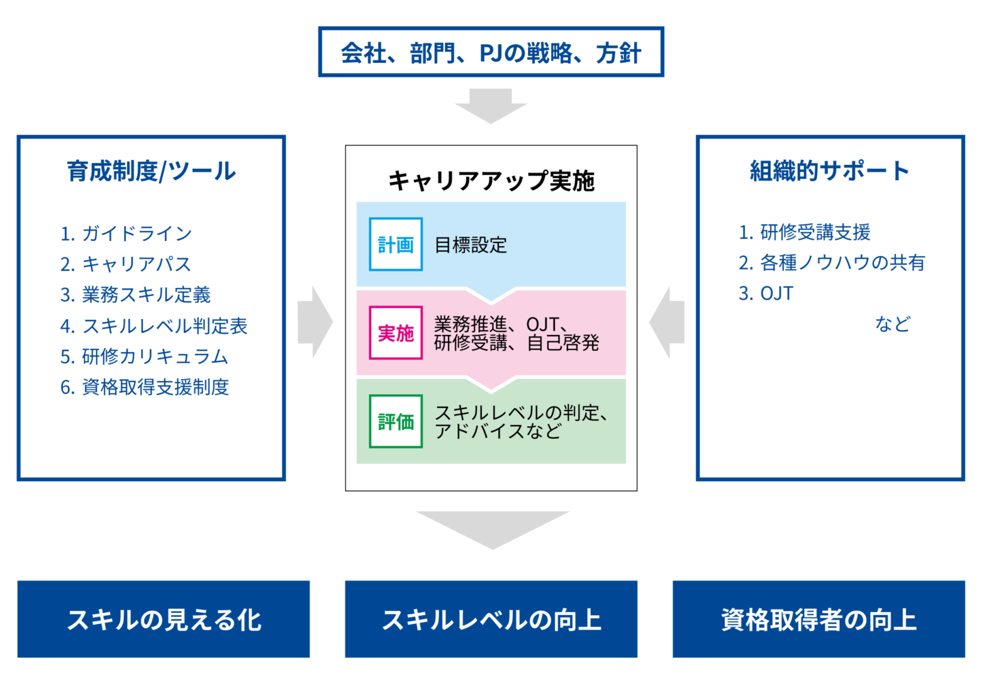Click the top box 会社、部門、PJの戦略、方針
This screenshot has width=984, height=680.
point(491,52)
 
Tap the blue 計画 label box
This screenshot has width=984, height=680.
point(396,244)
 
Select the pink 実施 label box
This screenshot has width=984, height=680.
point(396,332)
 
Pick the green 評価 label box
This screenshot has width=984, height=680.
point(396,421)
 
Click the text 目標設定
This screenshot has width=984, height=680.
point(471,245)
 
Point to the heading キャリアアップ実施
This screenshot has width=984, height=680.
point(491,180)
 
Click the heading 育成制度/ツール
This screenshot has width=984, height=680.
point(151,171)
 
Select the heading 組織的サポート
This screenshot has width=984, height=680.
point(829,171)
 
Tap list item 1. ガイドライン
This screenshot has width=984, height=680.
point(126,233)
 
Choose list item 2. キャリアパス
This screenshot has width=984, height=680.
point(126,264)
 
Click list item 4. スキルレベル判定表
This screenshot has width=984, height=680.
point(154,326)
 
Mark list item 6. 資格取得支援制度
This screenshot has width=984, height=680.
point(145,387)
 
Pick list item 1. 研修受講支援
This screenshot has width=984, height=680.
point(804,232)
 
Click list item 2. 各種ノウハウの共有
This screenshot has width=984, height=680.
point(832,263)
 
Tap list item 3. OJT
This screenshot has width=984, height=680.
point(766,293)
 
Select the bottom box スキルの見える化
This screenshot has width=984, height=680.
point(164,619)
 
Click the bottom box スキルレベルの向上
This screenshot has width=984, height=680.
point(491,619)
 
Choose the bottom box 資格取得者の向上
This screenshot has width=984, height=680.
point(819,619)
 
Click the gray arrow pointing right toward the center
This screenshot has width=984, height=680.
point(315,322)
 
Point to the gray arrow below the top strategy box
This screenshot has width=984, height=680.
point(491,106)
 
